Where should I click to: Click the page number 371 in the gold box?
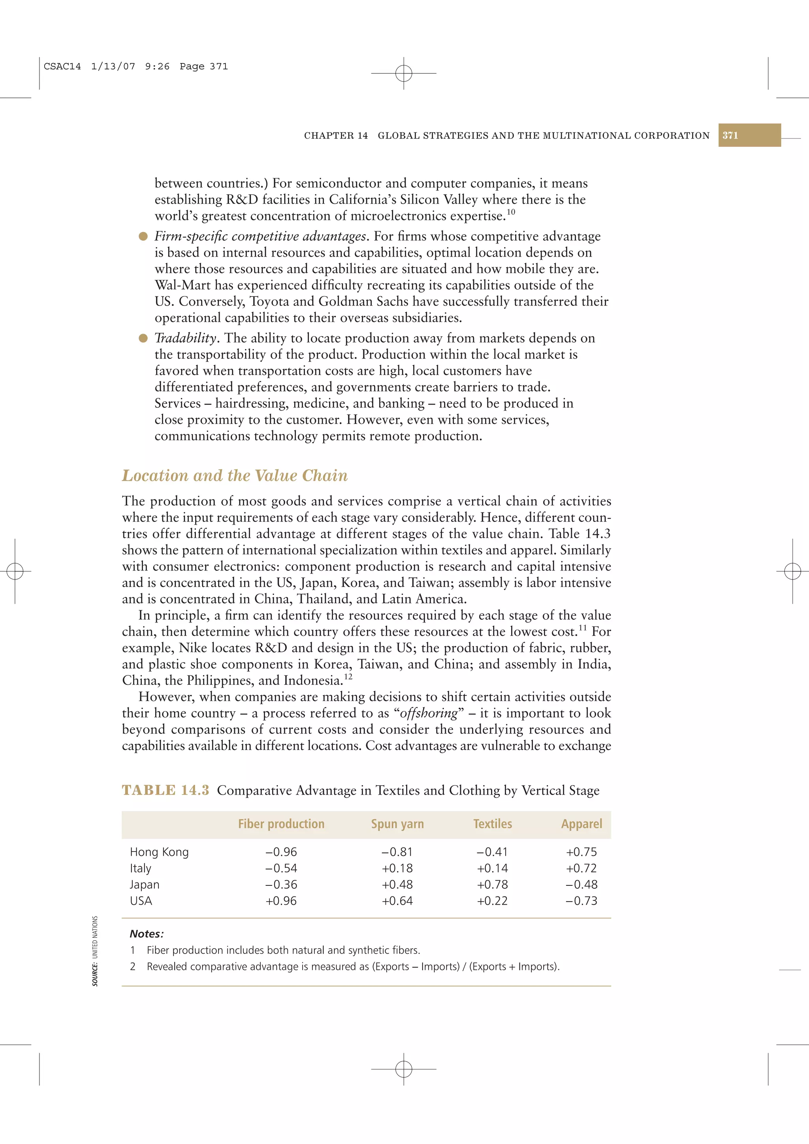point(730,135)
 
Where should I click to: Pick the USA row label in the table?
point(141,901)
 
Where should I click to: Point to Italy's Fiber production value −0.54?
point(281,868)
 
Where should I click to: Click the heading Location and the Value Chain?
point(235,475)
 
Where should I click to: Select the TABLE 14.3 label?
point(166,790)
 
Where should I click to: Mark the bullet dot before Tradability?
point(143,338)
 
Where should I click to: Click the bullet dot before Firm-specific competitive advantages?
point(143,236)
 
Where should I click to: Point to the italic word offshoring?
point(429,713)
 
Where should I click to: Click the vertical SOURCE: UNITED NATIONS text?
point(95,951)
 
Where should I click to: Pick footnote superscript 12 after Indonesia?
point(348,677)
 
